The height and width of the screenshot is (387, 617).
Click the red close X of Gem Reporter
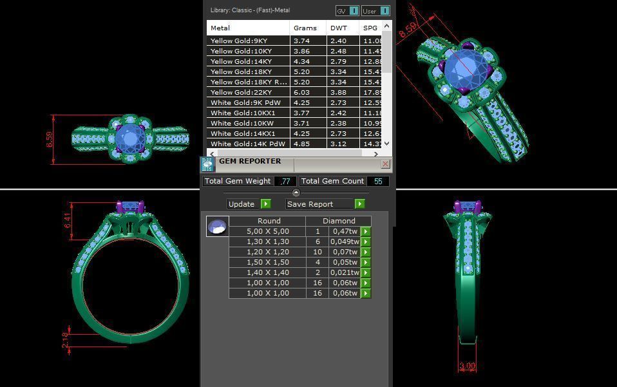tap(385, 164)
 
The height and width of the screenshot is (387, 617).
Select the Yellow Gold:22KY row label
tap(241, 93)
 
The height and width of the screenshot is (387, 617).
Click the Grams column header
tap(305, 28)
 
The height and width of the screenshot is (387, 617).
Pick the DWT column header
tap(339, 28)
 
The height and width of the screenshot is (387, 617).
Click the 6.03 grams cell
tap(301, 93)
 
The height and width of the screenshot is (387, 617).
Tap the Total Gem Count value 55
tap(378, 182)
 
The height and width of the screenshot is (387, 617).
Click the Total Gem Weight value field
tap(285, 182)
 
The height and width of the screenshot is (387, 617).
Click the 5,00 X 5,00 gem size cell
tap(268, 231)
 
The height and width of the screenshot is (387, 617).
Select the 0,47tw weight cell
tap(345, 231)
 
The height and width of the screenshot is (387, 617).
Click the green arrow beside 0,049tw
tap(366, 242)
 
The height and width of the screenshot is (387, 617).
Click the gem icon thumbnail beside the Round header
tap(217, 227)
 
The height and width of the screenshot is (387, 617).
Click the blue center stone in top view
tap(131, 138)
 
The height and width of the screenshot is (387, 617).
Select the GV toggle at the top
tap(347, 11)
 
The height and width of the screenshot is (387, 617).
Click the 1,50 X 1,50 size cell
tap(268, 262)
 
